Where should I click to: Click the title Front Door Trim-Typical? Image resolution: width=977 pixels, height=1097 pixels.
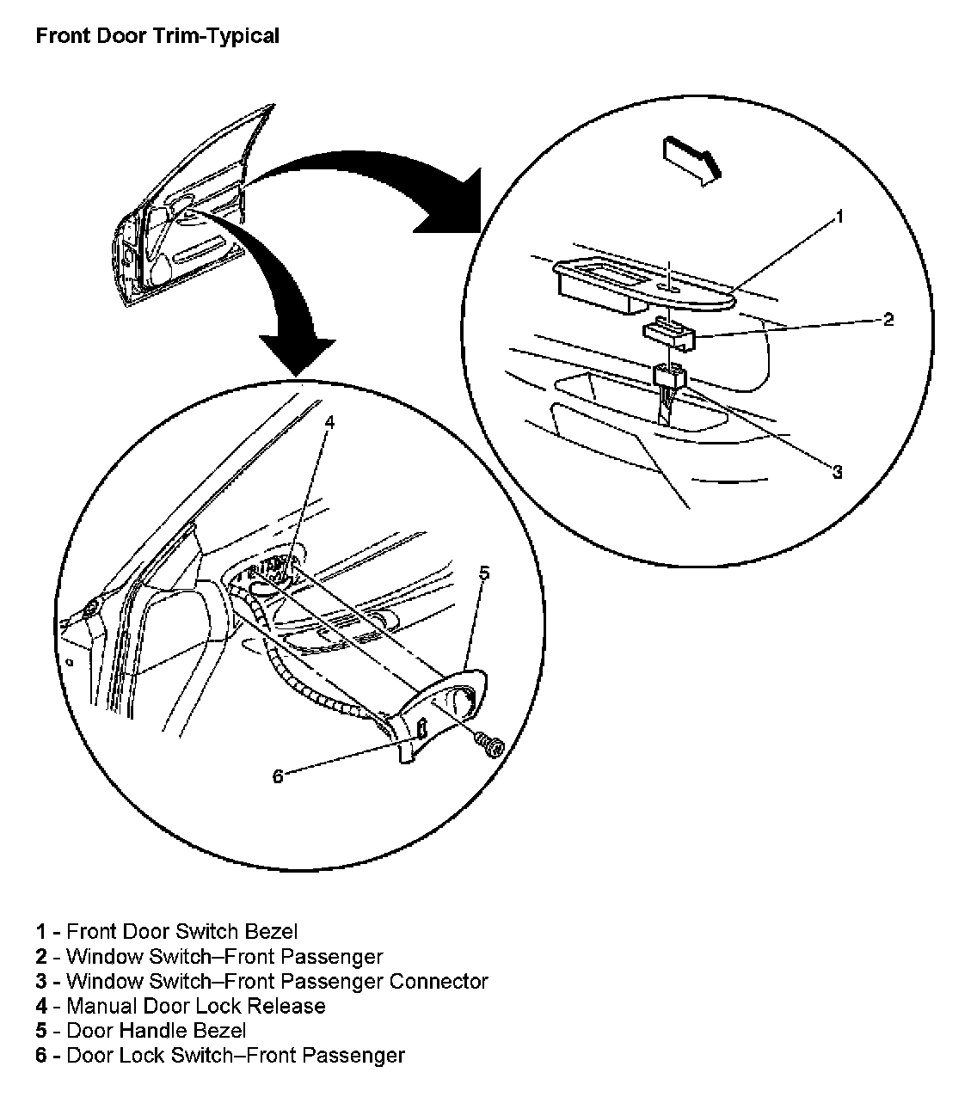(x=157, y=36)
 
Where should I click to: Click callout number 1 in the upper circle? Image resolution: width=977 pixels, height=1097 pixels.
(x=839, y=216)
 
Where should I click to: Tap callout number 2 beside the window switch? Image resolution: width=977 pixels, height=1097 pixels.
(x=888, y=320)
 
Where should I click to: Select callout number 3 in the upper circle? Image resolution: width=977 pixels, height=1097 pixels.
(x=837, y=471)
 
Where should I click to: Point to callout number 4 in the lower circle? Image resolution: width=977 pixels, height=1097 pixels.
(x=329, y=422)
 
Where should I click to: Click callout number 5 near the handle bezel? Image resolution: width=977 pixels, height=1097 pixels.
(x=484, y=573)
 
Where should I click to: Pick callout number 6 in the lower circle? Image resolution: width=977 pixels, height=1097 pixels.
(x=277, y=776)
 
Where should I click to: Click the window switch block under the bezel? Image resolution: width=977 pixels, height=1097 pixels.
(x=668, y=332)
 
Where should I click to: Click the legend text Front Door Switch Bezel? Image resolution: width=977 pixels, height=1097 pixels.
(x=181, y=931)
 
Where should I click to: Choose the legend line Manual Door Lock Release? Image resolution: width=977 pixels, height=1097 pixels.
(x=195, y=1006)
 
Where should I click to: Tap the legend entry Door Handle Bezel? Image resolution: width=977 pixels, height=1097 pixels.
(x=156, y=1031)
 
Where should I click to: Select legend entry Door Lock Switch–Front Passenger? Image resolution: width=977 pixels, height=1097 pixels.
(x=235, y=1056)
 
